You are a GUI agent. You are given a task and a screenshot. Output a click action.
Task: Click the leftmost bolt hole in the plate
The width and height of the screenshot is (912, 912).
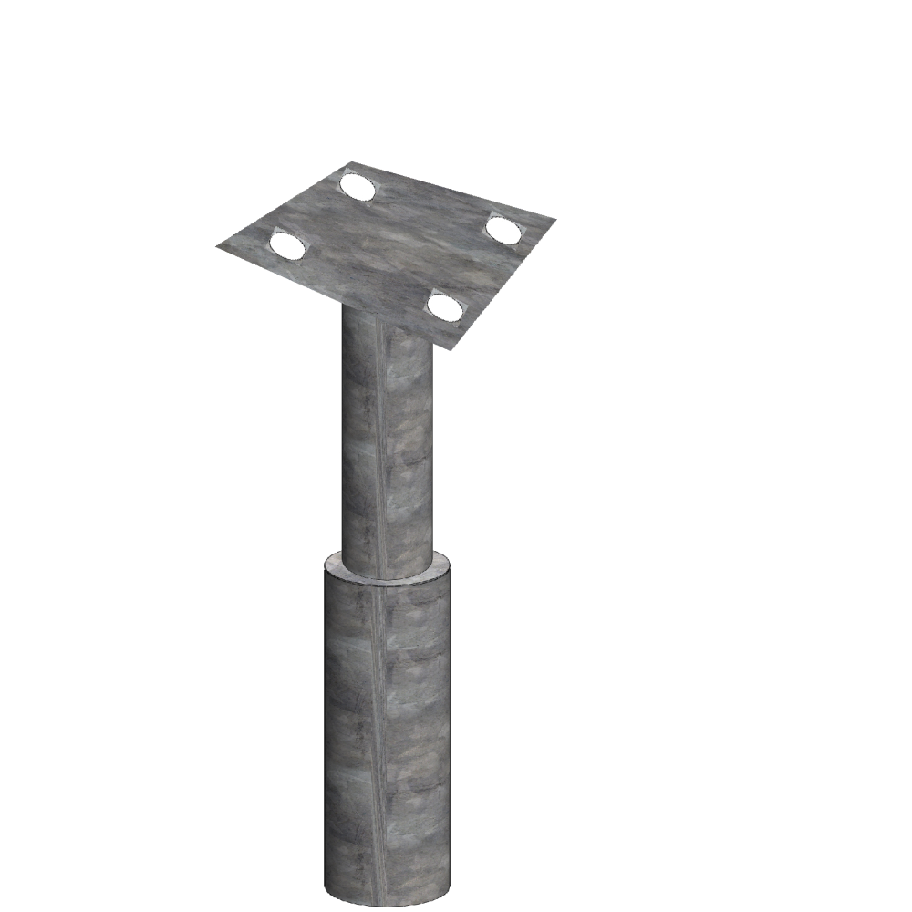tap(286, 244)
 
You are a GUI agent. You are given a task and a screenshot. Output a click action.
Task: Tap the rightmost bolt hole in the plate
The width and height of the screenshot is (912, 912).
tap(502, 229)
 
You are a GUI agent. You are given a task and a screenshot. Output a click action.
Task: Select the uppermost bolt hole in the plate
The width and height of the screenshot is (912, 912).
tap(357, 187)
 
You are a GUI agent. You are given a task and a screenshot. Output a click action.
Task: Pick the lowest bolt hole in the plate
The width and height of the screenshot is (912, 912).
tap(445, 307)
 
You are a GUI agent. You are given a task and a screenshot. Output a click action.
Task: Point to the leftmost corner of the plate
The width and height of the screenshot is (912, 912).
tap(217, 246)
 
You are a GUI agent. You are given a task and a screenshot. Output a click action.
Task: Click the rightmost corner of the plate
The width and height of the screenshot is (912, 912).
tap(554, 219)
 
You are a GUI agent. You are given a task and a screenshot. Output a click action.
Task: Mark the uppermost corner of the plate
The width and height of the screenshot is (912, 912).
tap(349, 163)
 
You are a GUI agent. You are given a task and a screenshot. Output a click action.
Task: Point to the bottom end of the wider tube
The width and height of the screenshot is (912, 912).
tap(387, 898)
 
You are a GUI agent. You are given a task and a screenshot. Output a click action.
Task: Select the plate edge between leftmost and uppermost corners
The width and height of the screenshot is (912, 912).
tap(283, 205)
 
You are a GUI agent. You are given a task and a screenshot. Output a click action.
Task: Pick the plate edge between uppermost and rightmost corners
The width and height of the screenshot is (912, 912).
tap(451, 191)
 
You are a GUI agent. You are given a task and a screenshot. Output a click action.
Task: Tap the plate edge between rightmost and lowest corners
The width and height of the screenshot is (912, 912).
tap(504, 284)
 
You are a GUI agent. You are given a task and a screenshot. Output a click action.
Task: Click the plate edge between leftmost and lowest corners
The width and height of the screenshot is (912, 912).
tap(335, 297)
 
